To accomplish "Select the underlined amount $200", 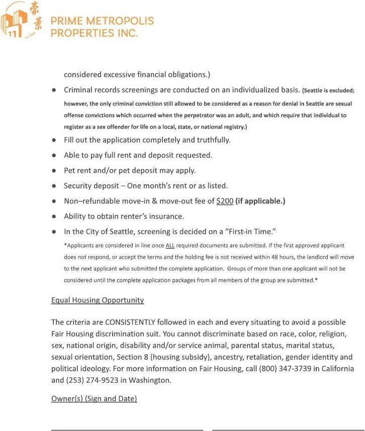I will pos(225,201).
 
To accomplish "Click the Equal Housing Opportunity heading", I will pos(98,300).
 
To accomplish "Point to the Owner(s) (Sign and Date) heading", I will pos(94,399).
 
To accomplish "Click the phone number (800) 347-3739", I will pos(284,368).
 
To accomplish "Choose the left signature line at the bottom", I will pos(127,429).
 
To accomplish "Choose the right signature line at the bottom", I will pos(288,429).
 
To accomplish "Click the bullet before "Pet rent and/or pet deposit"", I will pos(53,170).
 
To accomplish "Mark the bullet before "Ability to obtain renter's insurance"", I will pos(53,217).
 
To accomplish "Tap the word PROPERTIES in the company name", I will pos(83,33).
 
